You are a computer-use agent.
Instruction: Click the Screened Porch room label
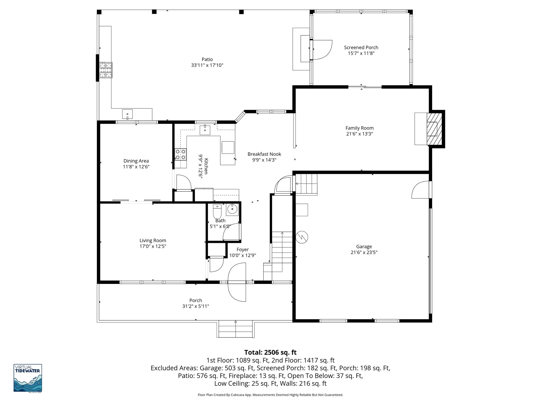tap(361, 48)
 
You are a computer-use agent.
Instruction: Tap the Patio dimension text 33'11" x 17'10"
tap(207, 65)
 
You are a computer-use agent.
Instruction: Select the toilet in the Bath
tap(217, 211)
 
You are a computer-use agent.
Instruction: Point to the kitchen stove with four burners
tap(180, 154)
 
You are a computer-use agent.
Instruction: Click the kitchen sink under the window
tap(205, 130)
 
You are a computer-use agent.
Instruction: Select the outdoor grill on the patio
tap(106, 70)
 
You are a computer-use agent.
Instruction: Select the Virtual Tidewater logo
tap(28, 378)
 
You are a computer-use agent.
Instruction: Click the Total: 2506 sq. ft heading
tap(270, 352)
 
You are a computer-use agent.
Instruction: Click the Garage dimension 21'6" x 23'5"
tap(364, 252)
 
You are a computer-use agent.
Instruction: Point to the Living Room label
tap(153, 241)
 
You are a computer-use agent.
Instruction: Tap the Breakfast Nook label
tap(264, 154)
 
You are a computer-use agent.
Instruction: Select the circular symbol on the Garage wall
tap(302, 237)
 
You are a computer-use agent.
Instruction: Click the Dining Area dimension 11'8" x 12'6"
tap(136, 167)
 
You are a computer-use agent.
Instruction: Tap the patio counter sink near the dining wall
tap(127, 114)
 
